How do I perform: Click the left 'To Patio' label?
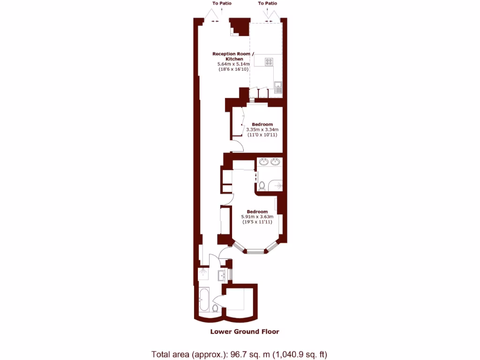222,3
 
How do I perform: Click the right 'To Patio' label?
267,3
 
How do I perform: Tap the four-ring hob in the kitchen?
270,61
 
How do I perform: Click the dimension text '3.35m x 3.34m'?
262,129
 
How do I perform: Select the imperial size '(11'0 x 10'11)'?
262,135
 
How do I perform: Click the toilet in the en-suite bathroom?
262,186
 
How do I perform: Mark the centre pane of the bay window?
256,252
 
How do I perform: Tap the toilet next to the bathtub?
215,308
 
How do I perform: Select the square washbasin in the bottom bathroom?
222,276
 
